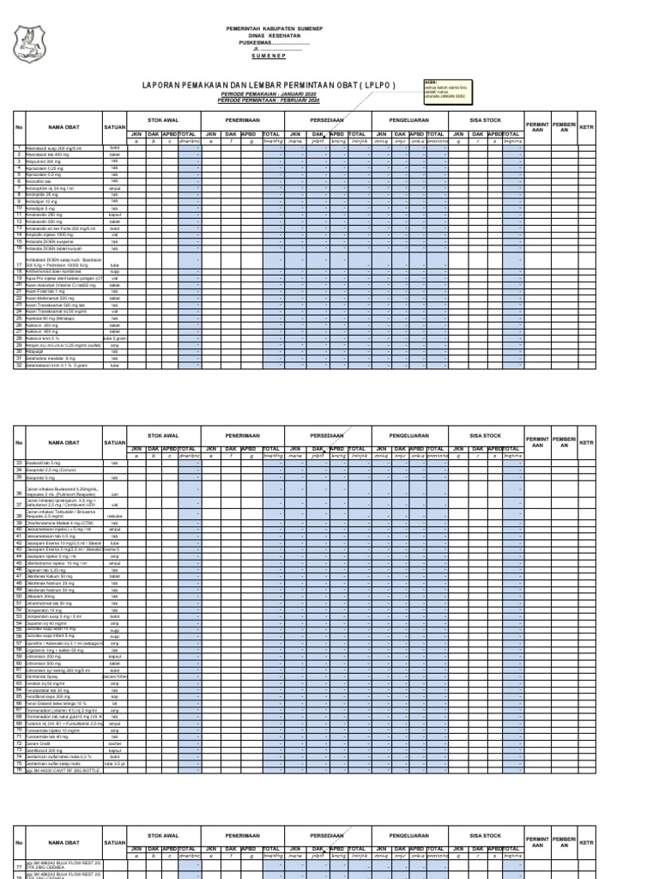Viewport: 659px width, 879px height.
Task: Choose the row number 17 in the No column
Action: (18, 266)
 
